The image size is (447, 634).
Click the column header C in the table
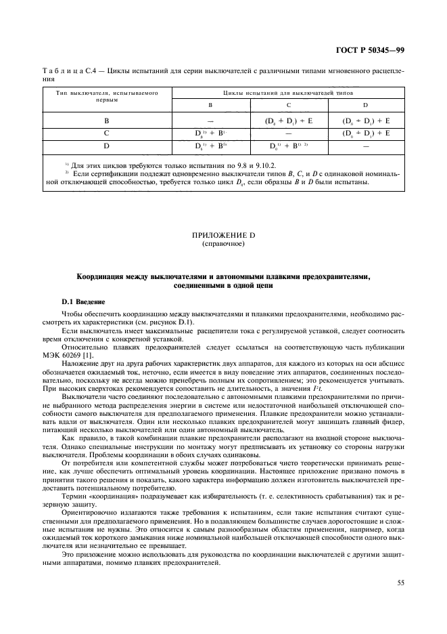pyautogui.click(x=289, y=105)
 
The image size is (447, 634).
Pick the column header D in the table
pyautogui.click(x=366, y=105)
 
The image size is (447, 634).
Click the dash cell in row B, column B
pyautogui.click(x=211, y=121)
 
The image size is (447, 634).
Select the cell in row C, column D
pyautogui.click(x=366, y=133)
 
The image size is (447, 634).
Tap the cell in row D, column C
pyautogui.click(x=289, y=146)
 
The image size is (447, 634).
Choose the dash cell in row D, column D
pyautogui.click(x=366, y=146)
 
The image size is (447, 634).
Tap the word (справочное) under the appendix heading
pyautogui.click(x=223, y=242)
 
